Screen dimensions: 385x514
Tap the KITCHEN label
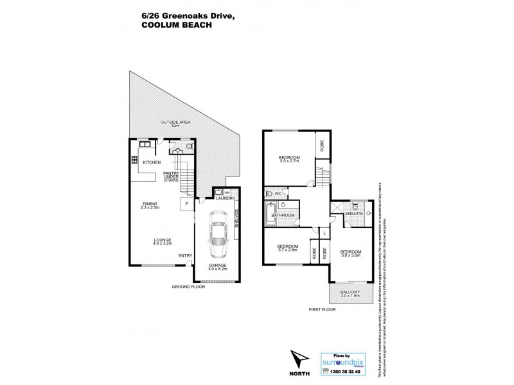pos(152,162)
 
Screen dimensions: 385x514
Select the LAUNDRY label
pos(225,199)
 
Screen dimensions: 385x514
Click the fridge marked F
pos(186,203)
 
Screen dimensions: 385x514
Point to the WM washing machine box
pos(227,192)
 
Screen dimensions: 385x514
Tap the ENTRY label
pos(186,257)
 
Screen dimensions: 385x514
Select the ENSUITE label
pos(353,212)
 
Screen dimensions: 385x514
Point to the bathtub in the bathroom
pos(269,214)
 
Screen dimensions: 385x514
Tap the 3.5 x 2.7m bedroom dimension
pos(290,162)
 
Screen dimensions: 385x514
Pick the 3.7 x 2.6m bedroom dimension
pos(287,251)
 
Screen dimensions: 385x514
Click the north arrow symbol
pos(297,359)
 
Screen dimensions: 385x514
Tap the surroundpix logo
pos(345,361)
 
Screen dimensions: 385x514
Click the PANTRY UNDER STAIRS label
pos(170,176)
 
